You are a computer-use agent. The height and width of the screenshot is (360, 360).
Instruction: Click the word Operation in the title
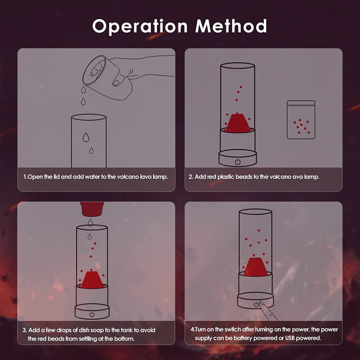tap(140, 27)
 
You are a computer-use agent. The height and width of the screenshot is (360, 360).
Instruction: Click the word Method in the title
tap(231, 26)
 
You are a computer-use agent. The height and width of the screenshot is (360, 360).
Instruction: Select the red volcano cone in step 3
tap(92, 280)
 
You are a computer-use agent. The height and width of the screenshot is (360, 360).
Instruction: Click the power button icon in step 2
tap(237, 162)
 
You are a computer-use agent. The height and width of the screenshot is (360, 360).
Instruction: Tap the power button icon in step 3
tap(92, 314)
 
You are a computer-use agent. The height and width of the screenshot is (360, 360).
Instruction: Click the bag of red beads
tap(301, 120)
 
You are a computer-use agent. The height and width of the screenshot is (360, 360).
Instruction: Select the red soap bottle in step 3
tap(92, 209)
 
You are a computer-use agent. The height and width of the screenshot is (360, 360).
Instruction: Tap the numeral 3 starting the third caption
tap(24, 330)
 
